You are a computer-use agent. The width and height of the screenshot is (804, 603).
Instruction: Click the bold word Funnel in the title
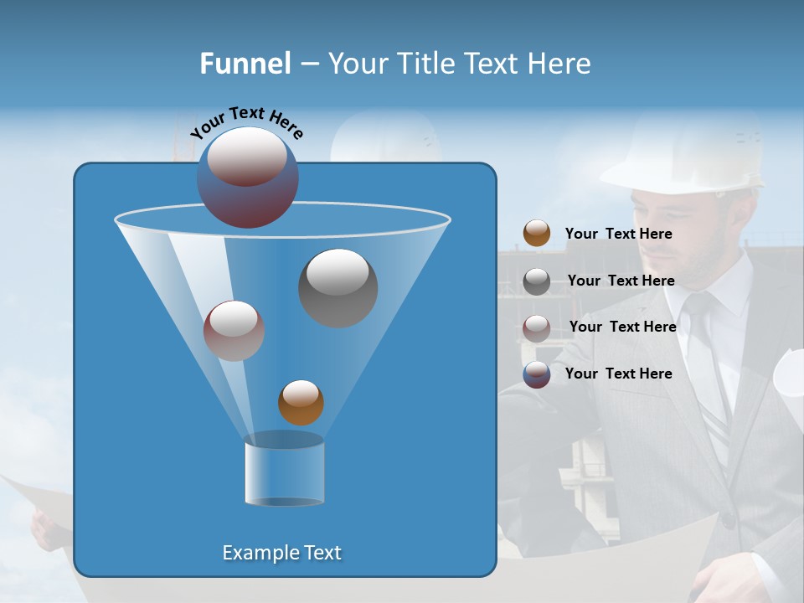point(245,63)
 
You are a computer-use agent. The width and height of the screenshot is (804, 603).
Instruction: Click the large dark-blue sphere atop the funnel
point(248,178)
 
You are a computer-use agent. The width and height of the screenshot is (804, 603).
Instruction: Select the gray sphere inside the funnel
point(338,288)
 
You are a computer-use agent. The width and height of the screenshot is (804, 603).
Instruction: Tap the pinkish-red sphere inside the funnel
point(234,331)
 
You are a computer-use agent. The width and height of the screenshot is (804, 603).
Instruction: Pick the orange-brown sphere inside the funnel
point(301,402)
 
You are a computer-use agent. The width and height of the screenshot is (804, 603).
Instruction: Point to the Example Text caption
point(281,553)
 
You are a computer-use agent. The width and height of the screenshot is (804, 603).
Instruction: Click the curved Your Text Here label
point(247,121)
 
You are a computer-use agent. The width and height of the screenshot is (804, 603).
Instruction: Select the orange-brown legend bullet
point(537,233)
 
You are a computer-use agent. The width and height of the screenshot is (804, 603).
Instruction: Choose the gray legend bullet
point(537,281)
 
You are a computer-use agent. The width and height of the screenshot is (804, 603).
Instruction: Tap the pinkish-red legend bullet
point(537,327)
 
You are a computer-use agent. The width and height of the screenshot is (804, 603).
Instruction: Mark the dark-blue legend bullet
point(537,374)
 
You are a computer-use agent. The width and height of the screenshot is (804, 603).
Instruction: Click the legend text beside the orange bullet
point(618,234)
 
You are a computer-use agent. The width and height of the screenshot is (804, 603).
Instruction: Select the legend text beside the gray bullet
point(621,281)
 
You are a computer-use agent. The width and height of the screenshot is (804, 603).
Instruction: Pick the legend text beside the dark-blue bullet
point(618,374)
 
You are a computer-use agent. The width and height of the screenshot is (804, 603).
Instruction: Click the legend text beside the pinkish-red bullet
point(622,327)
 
